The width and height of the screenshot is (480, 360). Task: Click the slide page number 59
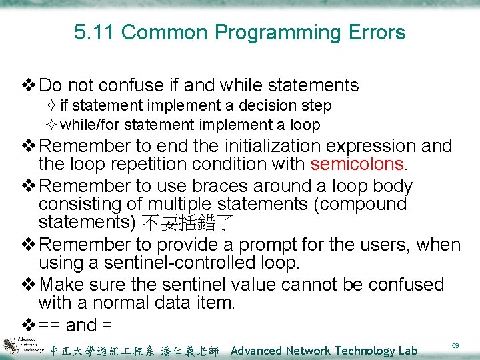(x=455, y=346)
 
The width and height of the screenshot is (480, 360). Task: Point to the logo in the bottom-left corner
(x=18, y=348)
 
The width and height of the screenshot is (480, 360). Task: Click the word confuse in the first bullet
(x=141, y=85)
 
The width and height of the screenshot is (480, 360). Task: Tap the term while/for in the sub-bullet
(x=90, y=125)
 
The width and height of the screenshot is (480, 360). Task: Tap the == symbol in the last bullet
(x=51, y=325)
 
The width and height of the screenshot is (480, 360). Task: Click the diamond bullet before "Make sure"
(x=29, y=285)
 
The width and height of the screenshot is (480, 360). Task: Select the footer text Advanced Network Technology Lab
(x=324, y=351)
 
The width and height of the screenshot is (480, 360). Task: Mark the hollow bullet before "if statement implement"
(x=53, y=106)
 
